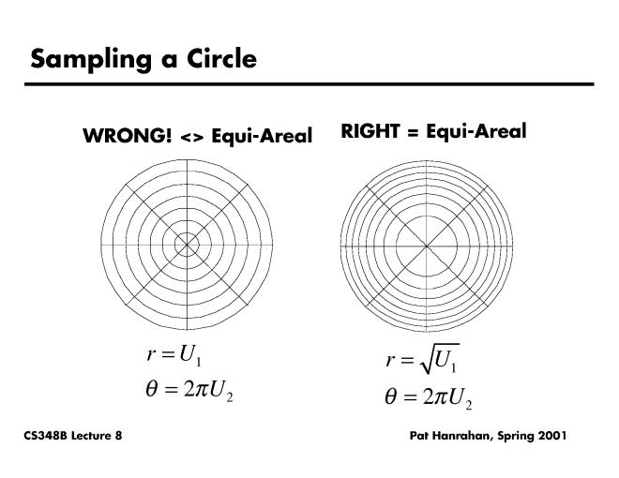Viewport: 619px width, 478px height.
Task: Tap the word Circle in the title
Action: (219, 59)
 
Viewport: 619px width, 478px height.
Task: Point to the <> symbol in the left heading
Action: (191, 137)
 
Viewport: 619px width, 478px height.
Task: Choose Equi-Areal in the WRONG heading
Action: (262, 137)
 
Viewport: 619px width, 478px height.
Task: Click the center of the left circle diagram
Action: (187, 244)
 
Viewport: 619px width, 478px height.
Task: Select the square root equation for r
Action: (422, 360)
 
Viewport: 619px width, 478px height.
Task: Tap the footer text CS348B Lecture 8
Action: (73, 438)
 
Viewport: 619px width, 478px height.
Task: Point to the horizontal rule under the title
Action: (309, 84)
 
